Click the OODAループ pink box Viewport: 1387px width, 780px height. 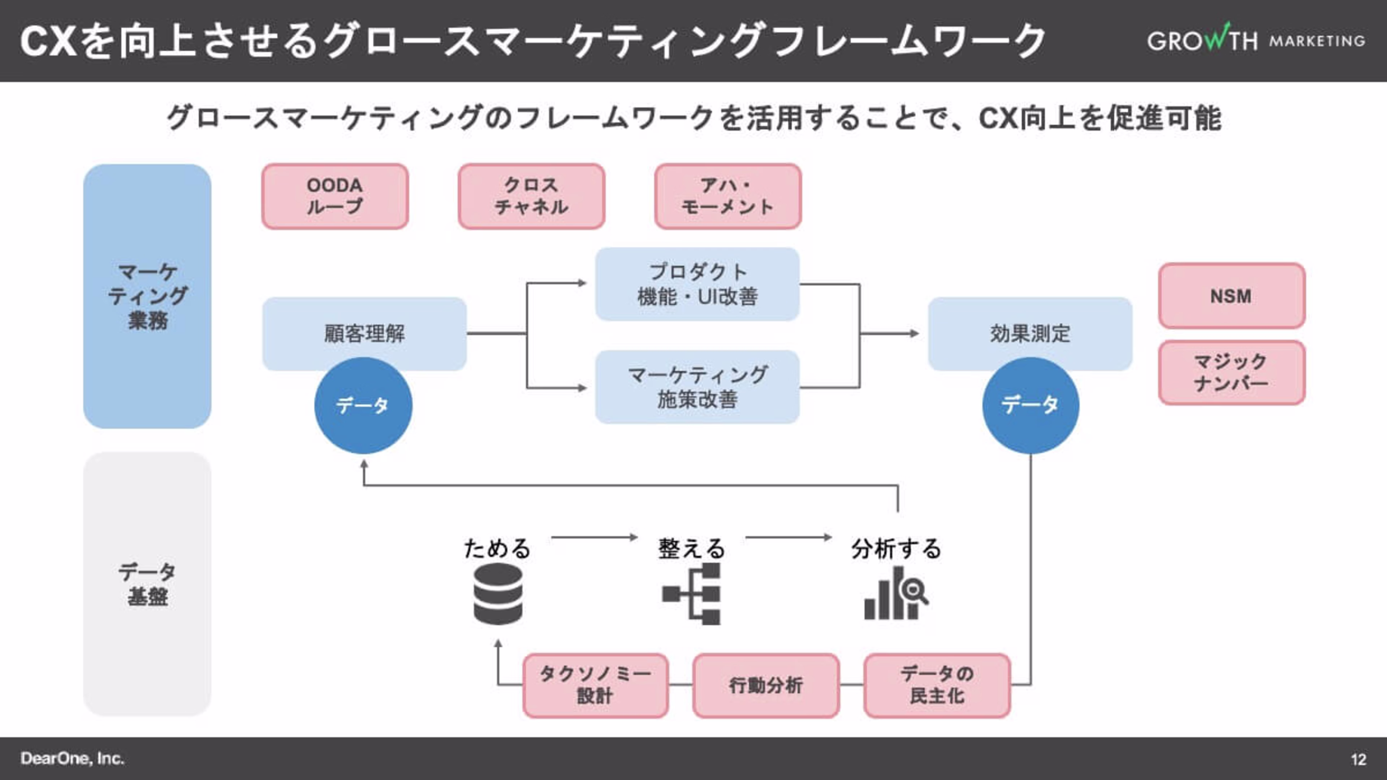click(335, 196)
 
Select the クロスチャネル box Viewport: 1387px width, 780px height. click(531, 196)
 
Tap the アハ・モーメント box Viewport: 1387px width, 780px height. click(728, 196)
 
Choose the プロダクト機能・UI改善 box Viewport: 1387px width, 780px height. click(697, 284)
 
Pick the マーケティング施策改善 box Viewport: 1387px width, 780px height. click(697, 387)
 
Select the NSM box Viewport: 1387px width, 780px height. click(1231, 295)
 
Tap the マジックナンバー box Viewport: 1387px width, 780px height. click(1231, 373)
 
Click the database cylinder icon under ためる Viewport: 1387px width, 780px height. click(498, 594)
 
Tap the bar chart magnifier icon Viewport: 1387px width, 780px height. click(895, 594)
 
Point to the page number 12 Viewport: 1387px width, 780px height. click(1358, 759)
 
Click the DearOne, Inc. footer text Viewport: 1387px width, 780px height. click(73, 758)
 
